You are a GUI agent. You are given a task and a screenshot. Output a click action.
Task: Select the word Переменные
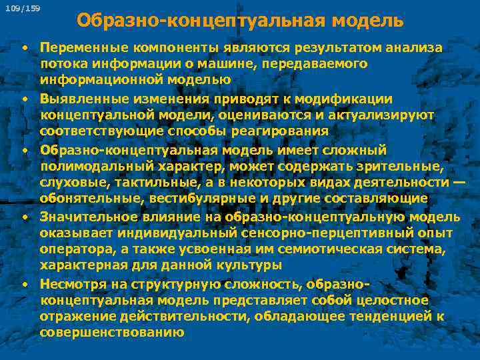78,48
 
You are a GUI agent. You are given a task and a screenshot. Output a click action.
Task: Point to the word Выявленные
78,99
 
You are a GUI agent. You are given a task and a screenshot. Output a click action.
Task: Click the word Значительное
83,216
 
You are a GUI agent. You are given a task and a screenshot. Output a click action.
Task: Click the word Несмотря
69,284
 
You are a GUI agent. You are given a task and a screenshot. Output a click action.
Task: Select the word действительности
170,317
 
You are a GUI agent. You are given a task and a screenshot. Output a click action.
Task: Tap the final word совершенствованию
111,333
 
